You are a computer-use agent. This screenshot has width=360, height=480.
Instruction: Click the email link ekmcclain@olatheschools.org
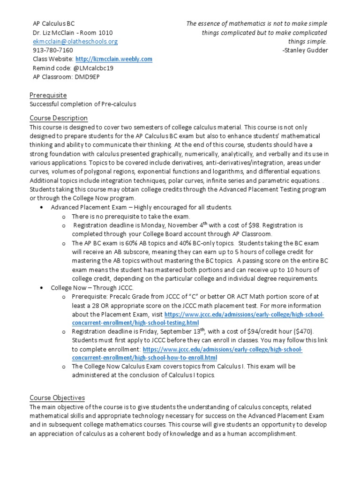point(75,41)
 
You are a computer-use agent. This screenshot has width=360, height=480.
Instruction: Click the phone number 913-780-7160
point(52,50)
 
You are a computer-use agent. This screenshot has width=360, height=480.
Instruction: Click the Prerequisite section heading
point(48,95)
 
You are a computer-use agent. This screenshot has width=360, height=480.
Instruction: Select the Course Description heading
point(59,118)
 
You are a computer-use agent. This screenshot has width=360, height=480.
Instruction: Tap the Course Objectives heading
point(57,398)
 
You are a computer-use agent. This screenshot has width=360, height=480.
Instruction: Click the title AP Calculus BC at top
point(53,23)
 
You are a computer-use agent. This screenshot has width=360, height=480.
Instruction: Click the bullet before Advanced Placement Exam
point(43,207)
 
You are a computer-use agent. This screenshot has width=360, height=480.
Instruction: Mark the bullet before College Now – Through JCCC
point(43,288)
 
